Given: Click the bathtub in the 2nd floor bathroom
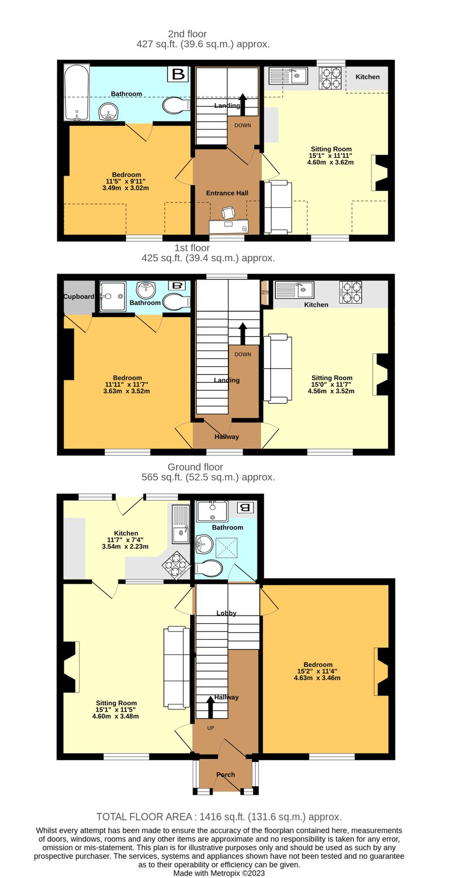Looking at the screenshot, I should pos(77,92).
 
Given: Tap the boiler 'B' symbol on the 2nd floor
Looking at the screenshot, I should pos(178,74).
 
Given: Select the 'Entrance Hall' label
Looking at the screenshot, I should pos(227,193).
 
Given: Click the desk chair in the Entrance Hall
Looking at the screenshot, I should pos(228,213).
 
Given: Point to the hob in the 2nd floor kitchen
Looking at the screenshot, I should pos(331,78).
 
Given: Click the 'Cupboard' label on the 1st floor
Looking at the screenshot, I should pos(79,297).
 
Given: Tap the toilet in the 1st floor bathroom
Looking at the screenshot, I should pos(176,302).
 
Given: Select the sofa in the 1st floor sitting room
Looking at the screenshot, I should pos(277,368).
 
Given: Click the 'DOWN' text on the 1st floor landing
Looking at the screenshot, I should pos(243,355).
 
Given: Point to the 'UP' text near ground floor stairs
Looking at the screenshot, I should pos(211,728).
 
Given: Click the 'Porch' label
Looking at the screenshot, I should pos(226,775).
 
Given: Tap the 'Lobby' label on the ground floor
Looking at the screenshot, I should pos(227,613).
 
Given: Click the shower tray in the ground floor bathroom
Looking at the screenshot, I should pos(227,548).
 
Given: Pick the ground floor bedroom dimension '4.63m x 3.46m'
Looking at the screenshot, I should pos(317,678).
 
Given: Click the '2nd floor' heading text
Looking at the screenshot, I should pos(187,34).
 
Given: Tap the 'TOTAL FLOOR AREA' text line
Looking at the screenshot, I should pos(219,817).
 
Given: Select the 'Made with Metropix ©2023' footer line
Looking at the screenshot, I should pos(219,873).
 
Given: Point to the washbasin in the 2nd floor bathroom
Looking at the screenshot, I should pos(109,113).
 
